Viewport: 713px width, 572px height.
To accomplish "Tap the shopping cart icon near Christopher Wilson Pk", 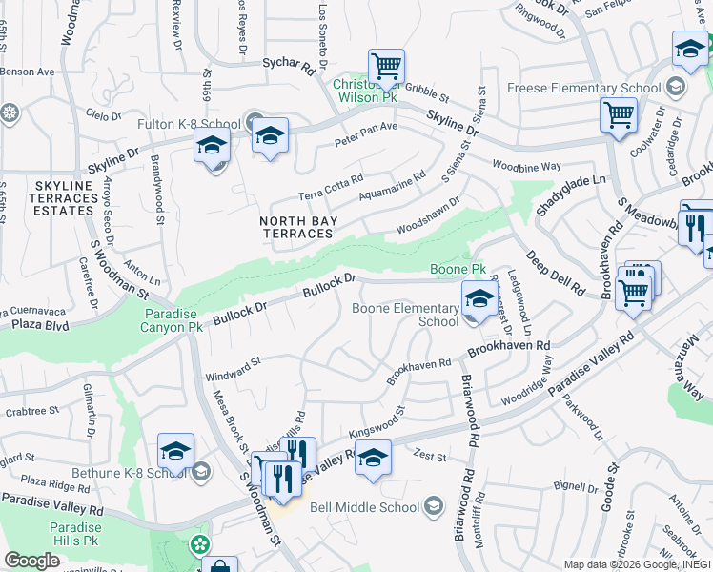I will coord(386,67).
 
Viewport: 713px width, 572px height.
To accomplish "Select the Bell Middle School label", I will coord(367,505).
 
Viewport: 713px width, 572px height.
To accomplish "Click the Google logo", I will coord(31,561).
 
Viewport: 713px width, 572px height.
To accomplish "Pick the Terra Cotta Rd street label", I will coord(331,187).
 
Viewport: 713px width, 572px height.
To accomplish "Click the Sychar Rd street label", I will coord(288,68).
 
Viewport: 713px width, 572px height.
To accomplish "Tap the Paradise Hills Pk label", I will coord(76,534).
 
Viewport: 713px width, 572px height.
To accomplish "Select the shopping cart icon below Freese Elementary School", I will coord(619,116).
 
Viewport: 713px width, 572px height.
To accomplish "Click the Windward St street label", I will coord(233,370).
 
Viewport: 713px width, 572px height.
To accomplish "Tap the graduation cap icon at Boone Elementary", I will coord(479,299).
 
